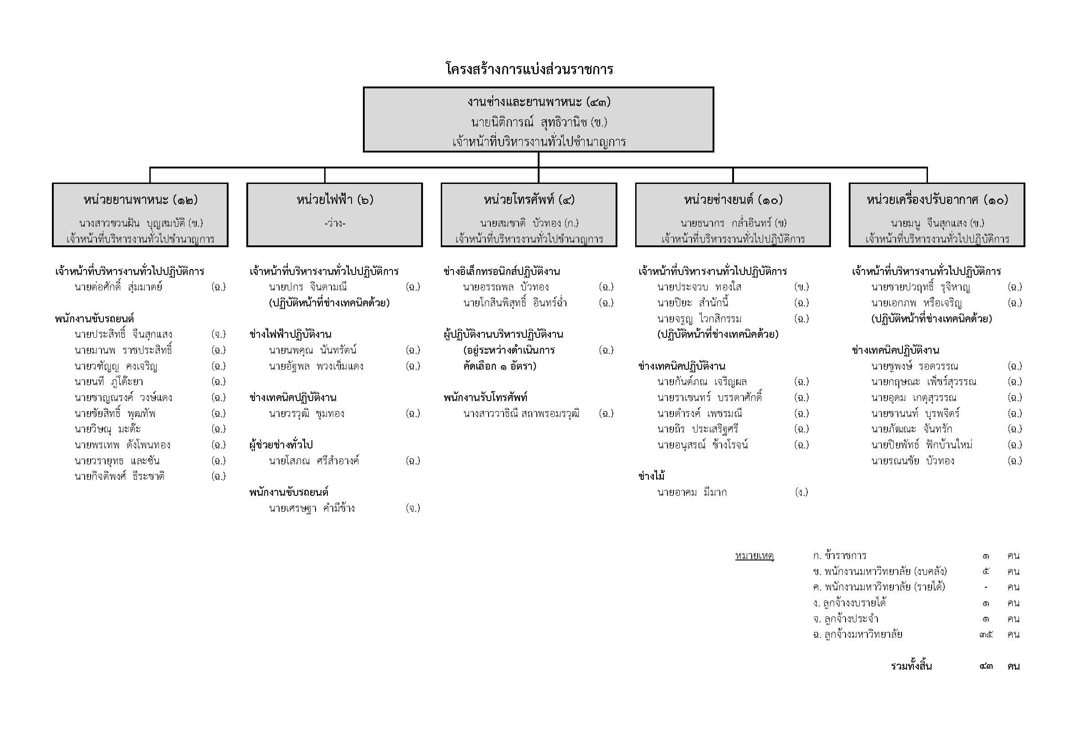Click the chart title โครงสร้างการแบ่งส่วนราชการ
tap(529, 70)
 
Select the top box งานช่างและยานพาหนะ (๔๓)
tap(538, 119)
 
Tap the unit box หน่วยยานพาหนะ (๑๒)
tap(140, 215)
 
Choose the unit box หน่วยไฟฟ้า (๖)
tap(335, 215)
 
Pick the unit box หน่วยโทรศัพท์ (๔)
tap(529, 215)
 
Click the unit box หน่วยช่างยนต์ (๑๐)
tap(733, 215)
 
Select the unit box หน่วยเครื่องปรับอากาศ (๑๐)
tap(937, 215)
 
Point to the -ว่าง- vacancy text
tap(335, 224)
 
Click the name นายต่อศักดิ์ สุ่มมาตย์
tap(118, 287)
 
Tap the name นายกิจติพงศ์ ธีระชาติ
tap(119, 476)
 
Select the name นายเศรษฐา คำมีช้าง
tap(312, 508)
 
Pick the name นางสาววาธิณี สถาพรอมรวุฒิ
tap(521, 413)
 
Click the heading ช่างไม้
tap(652, 476)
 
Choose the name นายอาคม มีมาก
tap(692, 493)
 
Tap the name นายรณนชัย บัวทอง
tap(913, 461)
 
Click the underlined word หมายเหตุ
tap(754, 556)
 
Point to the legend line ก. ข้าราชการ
tap(840, 556)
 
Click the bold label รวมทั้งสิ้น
tap(912, 667)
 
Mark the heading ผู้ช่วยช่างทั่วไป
tap(281, 445)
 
